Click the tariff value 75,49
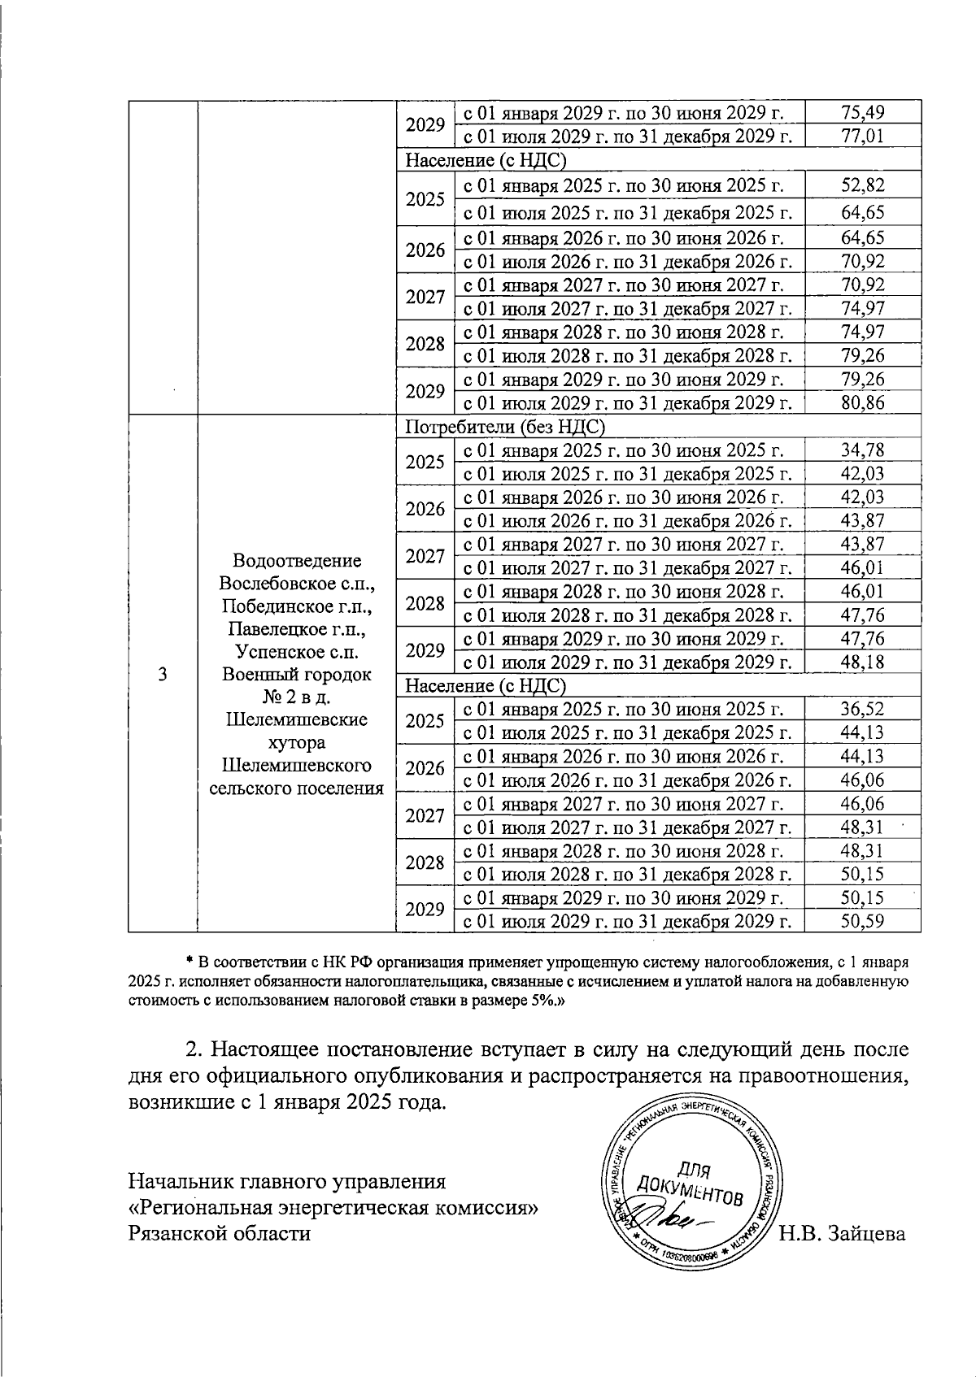point(863,112)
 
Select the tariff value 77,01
point(863,136)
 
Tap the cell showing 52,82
point(863,185)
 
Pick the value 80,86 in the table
point(863,402)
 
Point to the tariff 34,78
point(863,450)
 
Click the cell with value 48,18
point(863,662)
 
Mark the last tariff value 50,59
point(863,921)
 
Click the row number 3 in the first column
point(163,674)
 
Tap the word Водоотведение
point(297,561)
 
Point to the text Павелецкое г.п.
point(297,628)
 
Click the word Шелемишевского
point(297,765)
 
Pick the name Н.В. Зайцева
point(842,1233)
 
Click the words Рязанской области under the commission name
point(220,1233)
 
